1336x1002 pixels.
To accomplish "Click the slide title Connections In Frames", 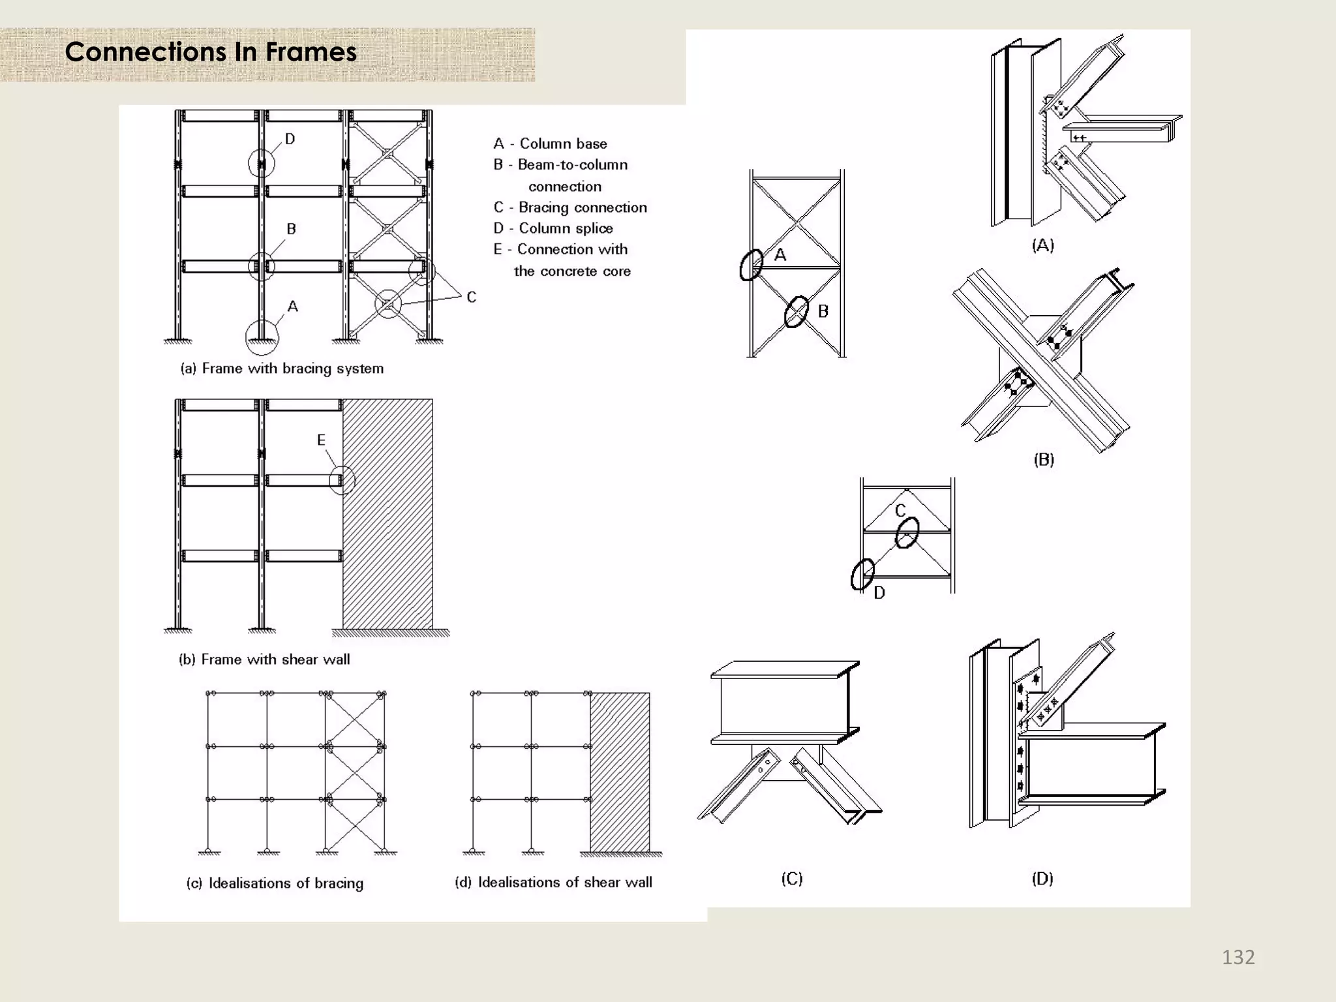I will tap(211, 52).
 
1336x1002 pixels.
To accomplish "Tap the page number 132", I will tap(1237, 957).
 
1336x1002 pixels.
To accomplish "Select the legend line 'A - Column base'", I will tap(550, 144).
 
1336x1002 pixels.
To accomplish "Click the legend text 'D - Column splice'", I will tap(553, 228).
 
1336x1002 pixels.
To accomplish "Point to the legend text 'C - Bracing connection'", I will tap(570, 207).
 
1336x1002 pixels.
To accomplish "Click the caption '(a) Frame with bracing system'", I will tap(282, 369).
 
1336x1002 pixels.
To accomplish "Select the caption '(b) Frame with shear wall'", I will tap(264, 660).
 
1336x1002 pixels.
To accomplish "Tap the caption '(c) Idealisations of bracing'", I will tap(275, 883).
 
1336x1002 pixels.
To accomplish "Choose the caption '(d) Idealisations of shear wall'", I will tap(553, 883).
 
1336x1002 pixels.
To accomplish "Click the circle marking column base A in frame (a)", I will tap(262, 337).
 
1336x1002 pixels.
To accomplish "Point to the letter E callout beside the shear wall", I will tap(321, 440).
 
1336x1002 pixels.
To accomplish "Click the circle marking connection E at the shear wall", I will tap(342, 481).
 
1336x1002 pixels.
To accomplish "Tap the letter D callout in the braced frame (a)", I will tap(290, 139).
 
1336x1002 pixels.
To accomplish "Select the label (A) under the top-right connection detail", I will tap(1042, 245).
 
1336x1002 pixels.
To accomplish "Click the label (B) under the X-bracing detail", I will tap(1043, 460).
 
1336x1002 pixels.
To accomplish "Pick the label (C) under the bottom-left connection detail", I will tap(792, 879).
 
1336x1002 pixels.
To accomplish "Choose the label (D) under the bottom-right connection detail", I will tap(1042, 879).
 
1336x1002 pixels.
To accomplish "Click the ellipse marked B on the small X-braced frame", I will tap(797, 312).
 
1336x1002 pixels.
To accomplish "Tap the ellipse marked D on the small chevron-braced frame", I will tap(862, 574).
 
